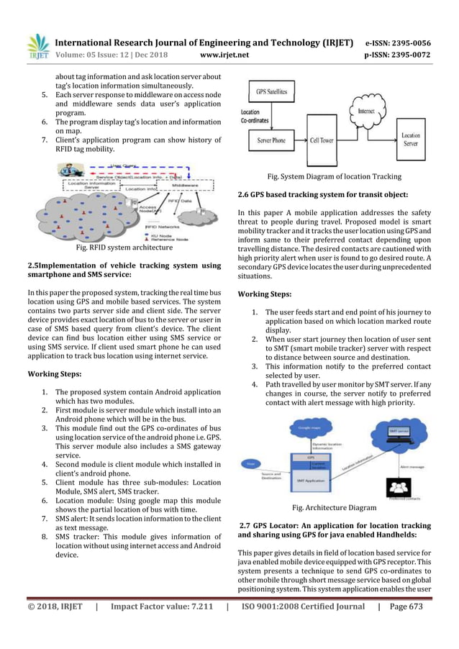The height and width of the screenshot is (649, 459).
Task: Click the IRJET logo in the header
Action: [37, 45]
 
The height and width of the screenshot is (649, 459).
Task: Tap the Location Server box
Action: [411, 139]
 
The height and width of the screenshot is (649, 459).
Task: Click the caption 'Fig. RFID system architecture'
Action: [124, 248]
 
